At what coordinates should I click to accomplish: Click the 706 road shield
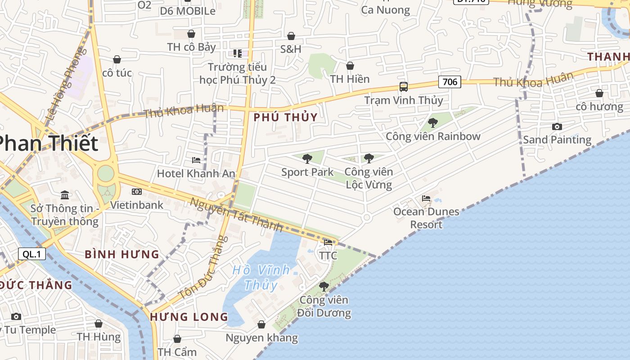click(450, 81)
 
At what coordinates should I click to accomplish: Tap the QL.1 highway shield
click(32, 254)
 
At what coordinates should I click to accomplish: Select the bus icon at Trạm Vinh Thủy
click(404, 87)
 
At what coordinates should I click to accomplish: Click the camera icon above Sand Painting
click(557, 126)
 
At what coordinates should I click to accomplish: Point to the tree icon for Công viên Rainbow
click(433, 122)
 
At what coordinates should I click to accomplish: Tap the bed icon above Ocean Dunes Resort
click(426, 198)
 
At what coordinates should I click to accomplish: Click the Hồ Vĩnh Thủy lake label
click(261, 277)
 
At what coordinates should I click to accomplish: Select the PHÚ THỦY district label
click(286, 117)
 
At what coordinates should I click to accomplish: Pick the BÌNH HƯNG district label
click(122, 254)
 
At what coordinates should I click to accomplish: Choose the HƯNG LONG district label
click(189, 317)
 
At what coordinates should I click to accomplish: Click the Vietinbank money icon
click(137, 192)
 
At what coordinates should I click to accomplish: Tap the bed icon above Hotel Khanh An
click(196, 160)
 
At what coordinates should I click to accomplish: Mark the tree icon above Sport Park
click(307, 158)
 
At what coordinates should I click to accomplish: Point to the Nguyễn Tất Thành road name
click(236, 215)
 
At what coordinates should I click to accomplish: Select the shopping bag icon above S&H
click(291, 36)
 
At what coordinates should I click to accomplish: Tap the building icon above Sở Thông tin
click(65, 195)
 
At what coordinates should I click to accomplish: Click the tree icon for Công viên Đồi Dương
click(324, 286)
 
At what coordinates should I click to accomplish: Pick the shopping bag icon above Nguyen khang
click(261, 324)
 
